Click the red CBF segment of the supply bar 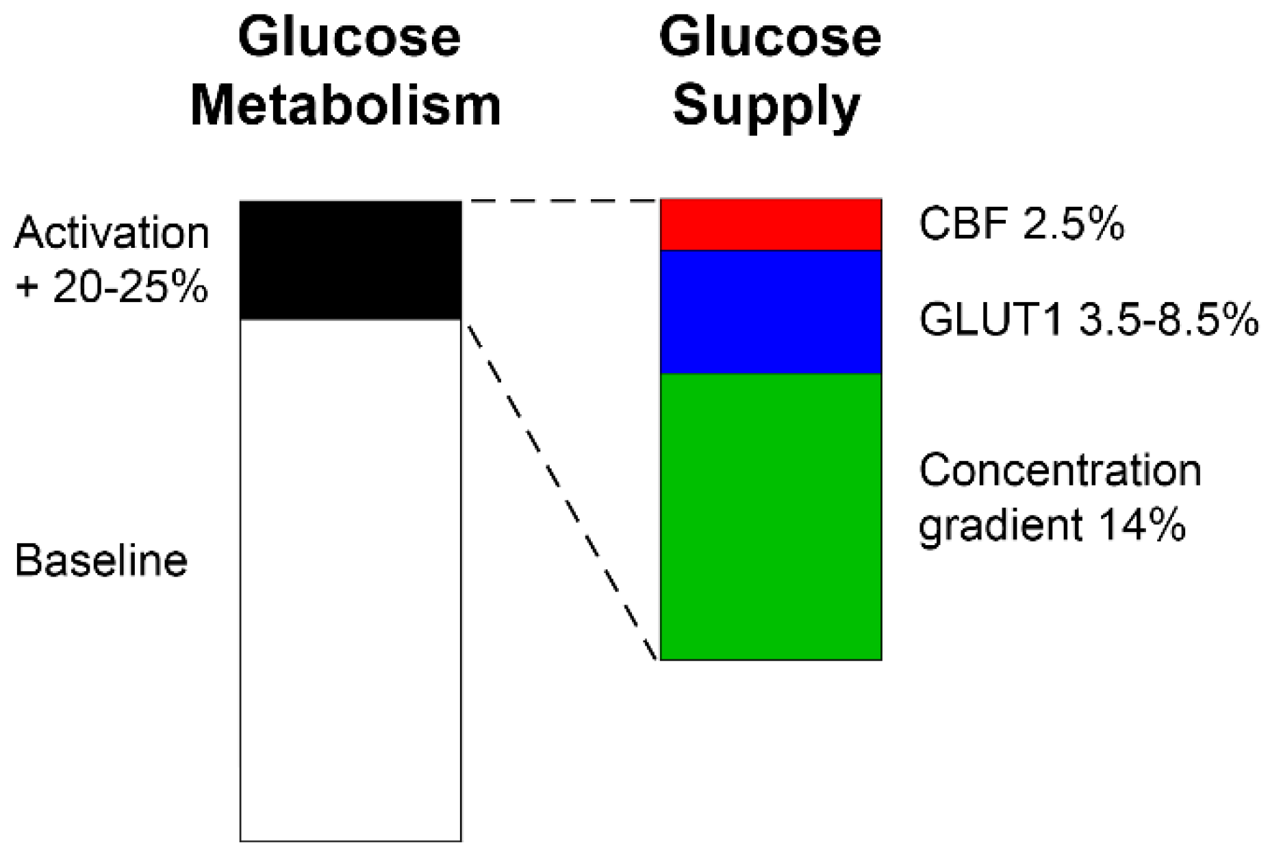pyautogui.click(x=770, y=225)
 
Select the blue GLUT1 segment pyautogui.click(x=770, y=312)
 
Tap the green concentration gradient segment pyautogui.click(x=770, y=517)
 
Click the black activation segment pyautogui.click(x=351, y=260)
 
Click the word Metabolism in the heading pyautogui.click(x=346, y=105)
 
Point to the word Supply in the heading pyautogui.click(x=766, y=107)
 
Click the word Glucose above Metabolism pyautogui.click(x=349, y=37)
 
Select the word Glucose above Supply pyautogui.click(x=770, y=37)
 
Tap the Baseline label pyautogui.click(x=101, y=561)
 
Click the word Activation pyautogui.click(x=112, y=233)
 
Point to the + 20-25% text pyautogui.click(x=112, y=286)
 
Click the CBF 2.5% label pyautogui.click(x=1021, y=224)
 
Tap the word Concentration pyautogui.click(x=1060, y=471)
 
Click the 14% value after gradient pyautogui.click(x=1142, y=526)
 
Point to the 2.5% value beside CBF pyautogui.click(x=1073, y=224)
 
